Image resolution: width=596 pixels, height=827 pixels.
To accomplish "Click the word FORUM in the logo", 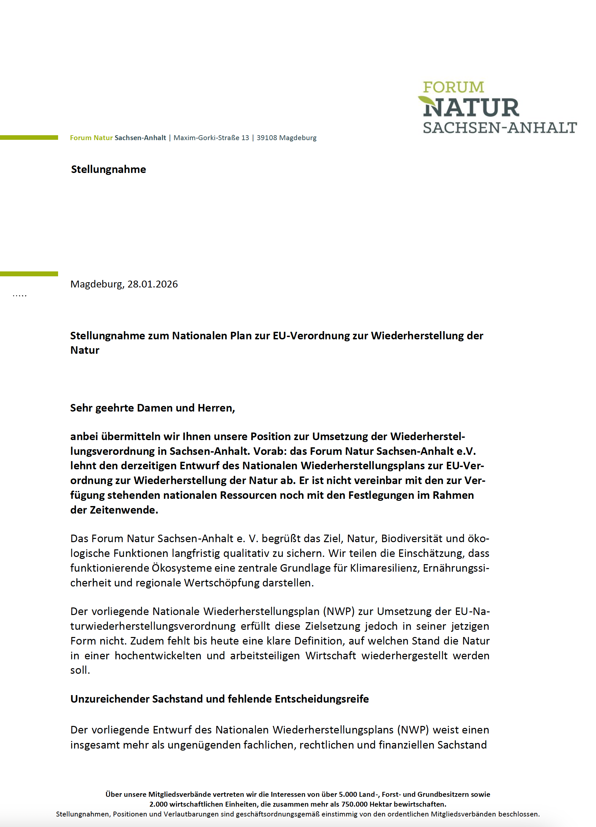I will pos(453,87).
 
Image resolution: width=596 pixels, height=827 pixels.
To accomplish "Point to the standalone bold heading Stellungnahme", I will pos(108,169).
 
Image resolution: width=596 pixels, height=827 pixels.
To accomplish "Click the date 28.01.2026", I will pos(153,284).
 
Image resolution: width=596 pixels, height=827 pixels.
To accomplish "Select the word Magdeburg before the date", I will pos(97,284).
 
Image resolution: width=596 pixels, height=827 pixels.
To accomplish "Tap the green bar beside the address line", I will pos(29,138).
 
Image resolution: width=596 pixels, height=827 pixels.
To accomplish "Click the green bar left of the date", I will pos(29,273).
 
